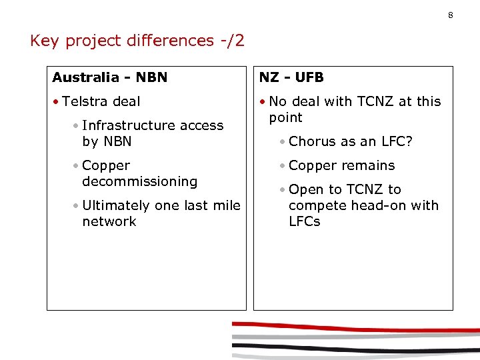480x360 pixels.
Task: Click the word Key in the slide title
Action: point(45,41)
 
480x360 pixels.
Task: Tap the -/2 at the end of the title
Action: point(231,41)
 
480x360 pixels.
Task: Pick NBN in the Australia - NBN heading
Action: point(151,77)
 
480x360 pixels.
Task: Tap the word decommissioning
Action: point(139,181)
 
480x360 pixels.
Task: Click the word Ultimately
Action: point(116,205)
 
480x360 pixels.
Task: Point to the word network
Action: point(109,221)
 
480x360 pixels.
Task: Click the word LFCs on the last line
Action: point(305,221)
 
